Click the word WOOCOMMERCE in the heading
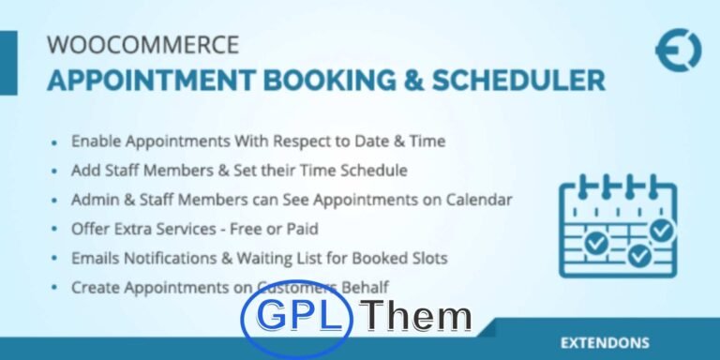pyautogui.click(x=142, y=45)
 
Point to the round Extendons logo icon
pyautogui.click(x=678, y=50)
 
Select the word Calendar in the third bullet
pyautogui.click(x=479, y=200)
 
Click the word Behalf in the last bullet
pyautogui.click(x=364, y=287)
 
